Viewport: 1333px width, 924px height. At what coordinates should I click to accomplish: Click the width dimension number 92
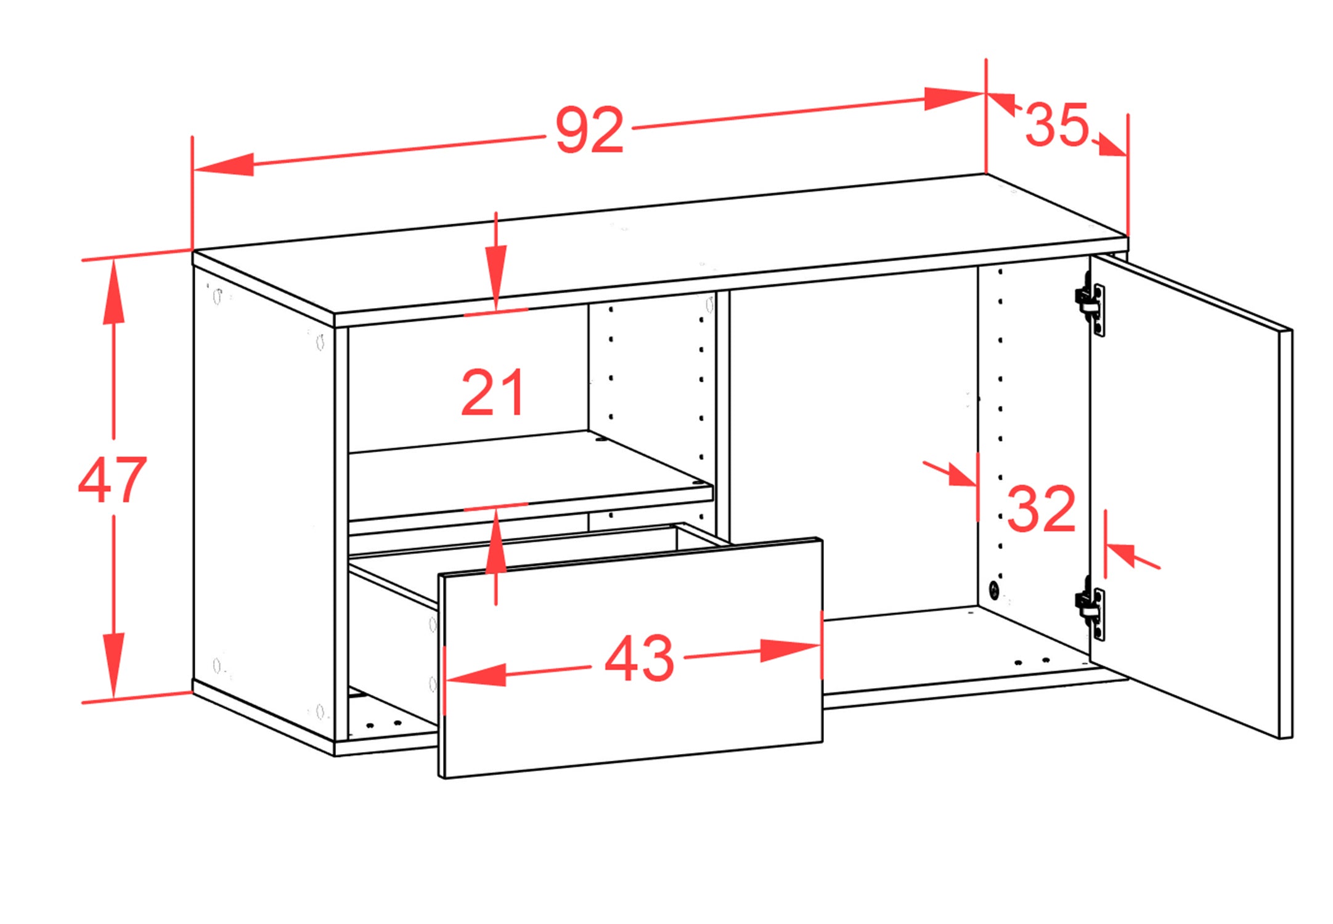(590, 130)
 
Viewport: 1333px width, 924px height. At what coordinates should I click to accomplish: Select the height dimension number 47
(112, 479)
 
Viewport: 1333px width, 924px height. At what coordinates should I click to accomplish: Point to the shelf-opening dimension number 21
(493, 392)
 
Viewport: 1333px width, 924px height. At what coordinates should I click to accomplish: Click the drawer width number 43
(639, 658)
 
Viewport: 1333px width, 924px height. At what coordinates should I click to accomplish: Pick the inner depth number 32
(1042, 508)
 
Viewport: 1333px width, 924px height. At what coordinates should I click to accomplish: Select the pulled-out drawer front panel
(630, 658)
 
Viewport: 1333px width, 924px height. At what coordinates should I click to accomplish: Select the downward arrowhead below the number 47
(113, 665)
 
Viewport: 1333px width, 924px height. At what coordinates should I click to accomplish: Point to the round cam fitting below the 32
(993, 590)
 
